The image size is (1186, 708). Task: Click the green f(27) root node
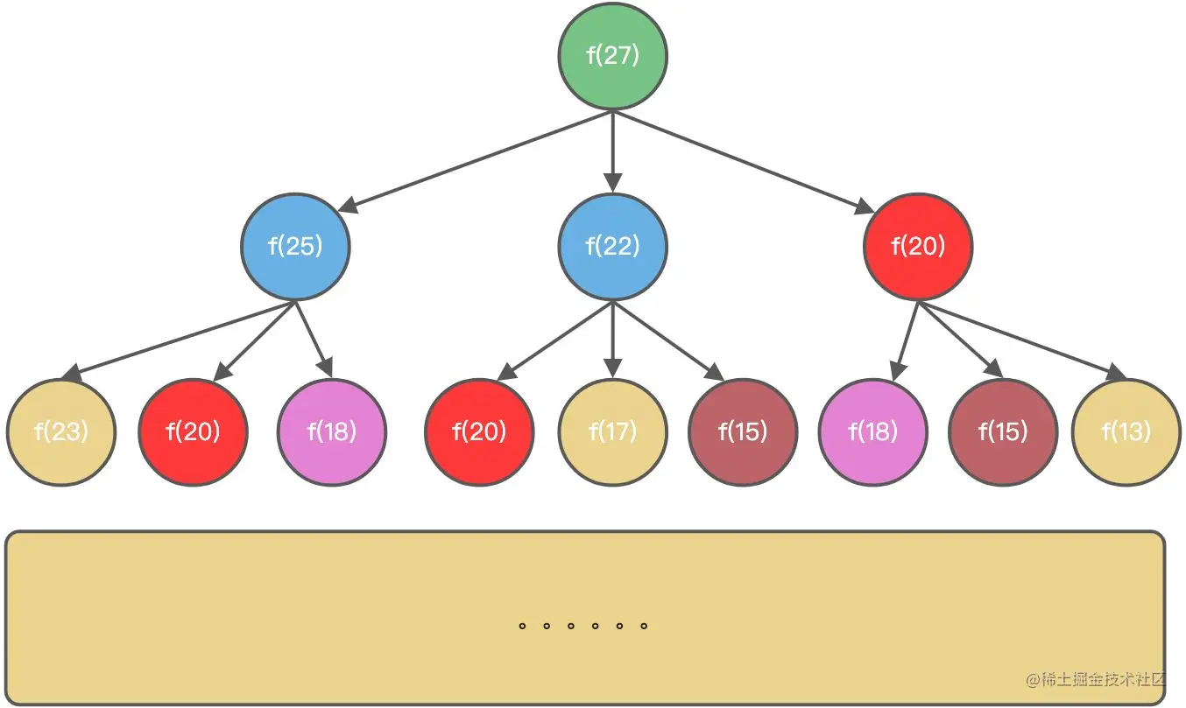[x=612, y=56]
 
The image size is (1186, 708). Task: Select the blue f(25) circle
[x=295, y=247]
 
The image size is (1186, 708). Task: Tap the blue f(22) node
[x=612, y=247]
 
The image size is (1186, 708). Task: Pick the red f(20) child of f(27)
[x=918, y=247]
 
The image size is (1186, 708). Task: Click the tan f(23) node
[x=61, y=432]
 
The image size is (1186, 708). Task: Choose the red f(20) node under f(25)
[x=193, y=432]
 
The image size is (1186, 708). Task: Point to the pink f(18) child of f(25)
[x=332, y=432]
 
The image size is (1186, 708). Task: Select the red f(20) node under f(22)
[x=479, y=432]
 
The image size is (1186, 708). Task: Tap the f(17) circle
[x=612, y=432]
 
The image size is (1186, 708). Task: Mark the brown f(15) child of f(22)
[x=743, y=432]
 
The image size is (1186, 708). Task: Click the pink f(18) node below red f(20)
[x=872, y=432]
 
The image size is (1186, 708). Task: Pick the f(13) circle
[x=1126, y=432]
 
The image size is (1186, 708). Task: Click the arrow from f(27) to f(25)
[x=473, y=161]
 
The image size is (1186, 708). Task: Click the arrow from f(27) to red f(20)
[x=745, y=162]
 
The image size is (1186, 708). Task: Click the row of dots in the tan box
[x=582, y=627]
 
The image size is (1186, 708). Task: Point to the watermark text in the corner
[x=1098, y=680]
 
